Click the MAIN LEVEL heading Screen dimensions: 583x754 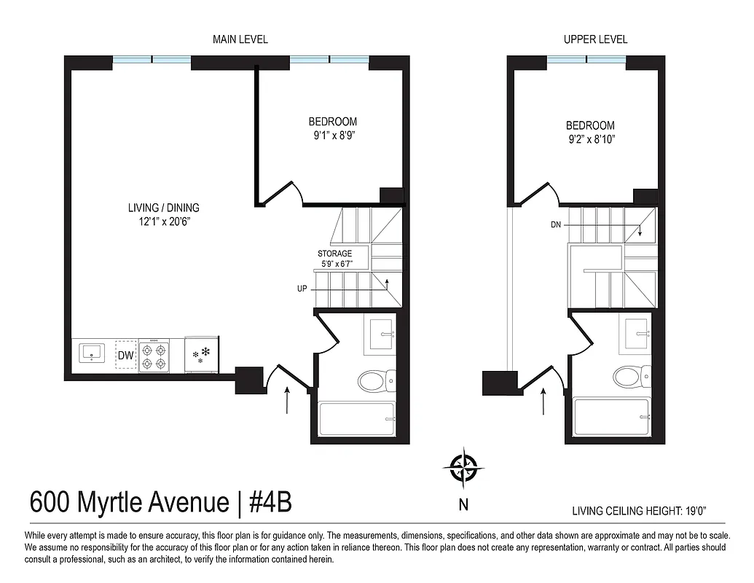(240, 39)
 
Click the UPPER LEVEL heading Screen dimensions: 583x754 (595, 39)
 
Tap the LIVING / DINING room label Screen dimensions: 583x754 (163, 208)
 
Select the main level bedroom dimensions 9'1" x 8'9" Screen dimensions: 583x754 (332, 136)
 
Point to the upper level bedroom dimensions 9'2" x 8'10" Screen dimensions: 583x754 (590, 139)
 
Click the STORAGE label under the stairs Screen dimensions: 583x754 (334, 254)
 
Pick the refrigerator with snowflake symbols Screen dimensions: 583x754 (201, 356)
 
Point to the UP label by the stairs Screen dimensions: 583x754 (302, 289)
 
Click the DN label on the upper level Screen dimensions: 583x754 (556, 225)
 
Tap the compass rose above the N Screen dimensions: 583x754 (463, 468)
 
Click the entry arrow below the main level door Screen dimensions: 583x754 (288, 400)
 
